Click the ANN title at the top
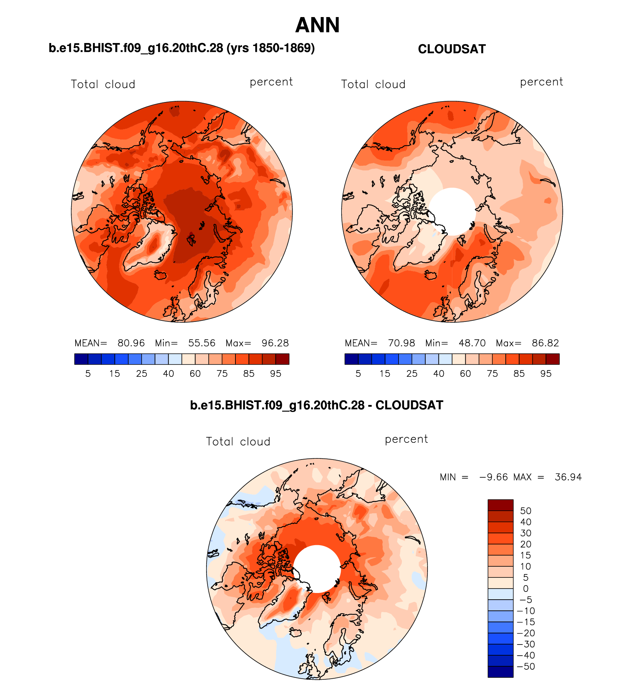pyautogui.click(x=317, y=25)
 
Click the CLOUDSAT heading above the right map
pyautogui.click(x=452, y=49)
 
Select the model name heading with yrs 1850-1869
pyautogui.click(x=182, y=48)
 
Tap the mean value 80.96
pyautogui.click(x=131, y=343)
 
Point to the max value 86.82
pyautogui.click(x=545, y=343)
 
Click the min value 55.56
pyautogui.click(x=202, y=343)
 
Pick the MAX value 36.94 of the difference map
pyautogui.click(x=568, y=477)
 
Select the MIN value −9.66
pyautogui.click(x=493, y=477)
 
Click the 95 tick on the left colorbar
pyautogui.click(x=275, y=374)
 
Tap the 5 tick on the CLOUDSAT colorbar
pyautogui.click(x=358, y=374)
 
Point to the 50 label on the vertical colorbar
pyautogui.click(x=526, y=511)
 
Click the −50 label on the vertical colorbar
pyautogui.click(x=526, y=666)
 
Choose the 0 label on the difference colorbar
pyautogui.click(x=526, y=589)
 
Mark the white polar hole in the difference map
pyautogui.click(x=317, y=569)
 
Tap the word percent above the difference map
pyautogui.click(x=406, y=439)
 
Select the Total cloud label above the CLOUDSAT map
pyautogui.click(x=373, y=85)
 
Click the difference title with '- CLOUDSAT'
pyautogui.click(x=317, y=405)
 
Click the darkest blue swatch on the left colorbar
pyautogui.click(x=81, y=359)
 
